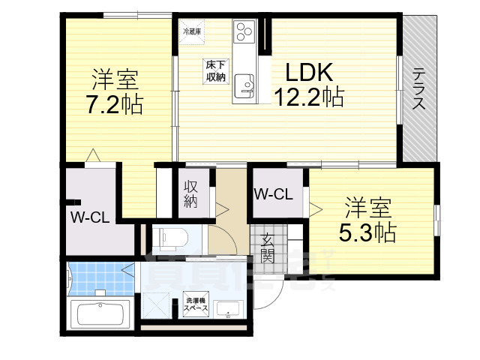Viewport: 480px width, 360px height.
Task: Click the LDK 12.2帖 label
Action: pos(308,84)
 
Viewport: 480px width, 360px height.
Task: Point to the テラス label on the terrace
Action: pos(418,88)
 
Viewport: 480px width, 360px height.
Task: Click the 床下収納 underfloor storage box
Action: pos(216,70)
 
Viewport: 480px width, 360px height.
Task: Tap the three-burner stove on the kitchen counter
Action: pos(245,32)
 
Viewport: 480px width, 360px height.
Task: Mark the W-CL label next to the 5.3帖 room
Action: pos(273,194)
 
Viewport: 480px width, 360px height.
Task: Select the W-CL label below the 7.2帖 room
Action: pos(91,218)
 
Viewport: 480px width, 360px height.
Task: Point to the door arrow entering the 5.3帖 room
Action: pos(314,209)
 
